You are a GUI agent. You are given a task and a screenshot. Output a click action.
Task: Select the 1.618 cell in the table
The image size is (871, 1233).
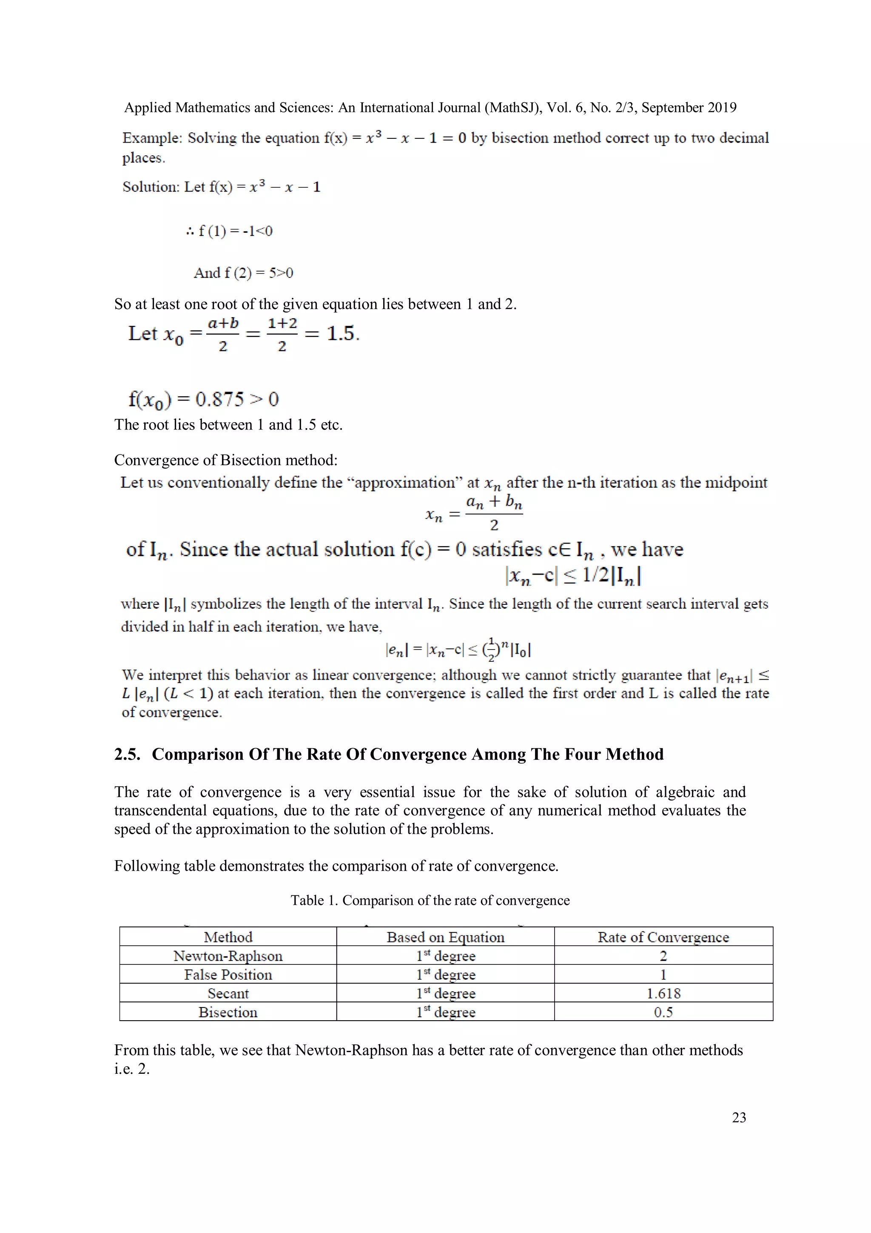[663, 993]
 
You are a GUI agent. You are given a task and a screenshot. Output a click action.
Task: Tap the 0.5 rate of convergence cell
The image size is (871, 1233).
[663, 1012]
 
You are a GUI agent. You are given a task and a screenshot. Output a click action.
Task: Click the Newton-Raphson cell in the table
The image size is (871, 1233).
[228, 956]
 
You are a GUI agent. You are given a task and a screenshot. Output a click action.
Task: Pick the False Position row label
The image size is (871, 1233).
[228, 975]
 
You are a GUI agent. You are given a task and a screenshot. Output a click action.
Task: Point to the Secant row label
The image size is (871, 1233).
[228, 993]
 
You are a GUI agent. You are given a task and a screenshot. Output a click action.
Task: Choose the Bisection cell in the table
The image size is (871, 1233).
[228, 1012]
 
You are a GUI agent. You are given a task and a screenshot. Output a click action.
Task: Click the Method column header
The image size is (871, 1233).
[228, 937]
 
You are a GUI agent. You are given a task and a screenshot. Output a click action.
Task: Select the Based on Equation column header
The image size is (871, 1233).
[445, 937]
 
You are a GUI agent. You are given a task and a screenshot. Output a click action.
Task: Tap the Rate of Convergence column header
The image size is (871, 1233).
[663, 937]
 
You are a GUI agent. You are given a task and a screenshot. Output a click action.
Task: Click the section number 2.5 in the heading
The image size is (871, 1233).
[127, 755]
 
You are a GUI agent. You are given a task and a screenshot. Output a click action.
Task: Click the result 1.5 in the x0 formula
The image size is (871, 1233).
[342, 334]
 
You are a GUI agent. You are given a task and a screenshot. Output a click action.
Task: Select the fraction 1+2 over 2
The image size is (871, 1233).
[282, 334]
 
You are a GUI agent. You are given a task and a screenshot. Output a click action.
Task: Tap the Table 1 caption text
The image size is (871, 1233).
[430, 900]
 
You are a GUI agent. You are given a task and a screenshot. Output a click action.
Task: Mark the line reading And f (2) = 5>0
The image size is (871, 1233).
[243, 273]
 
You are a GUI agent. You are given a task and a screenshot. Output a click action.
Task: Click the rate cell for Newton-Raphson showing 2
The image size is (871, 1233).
[663, 956]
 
